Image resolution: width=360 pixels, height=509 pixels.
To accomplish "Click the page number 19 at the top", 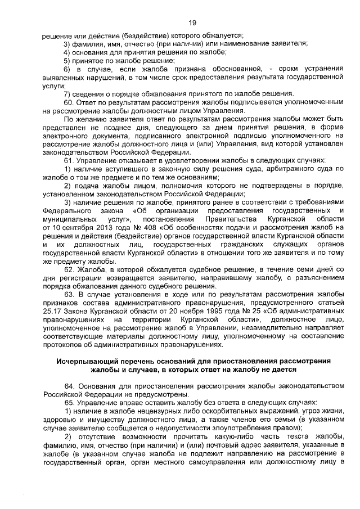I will pyautogui.click(x=192, y=22).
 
